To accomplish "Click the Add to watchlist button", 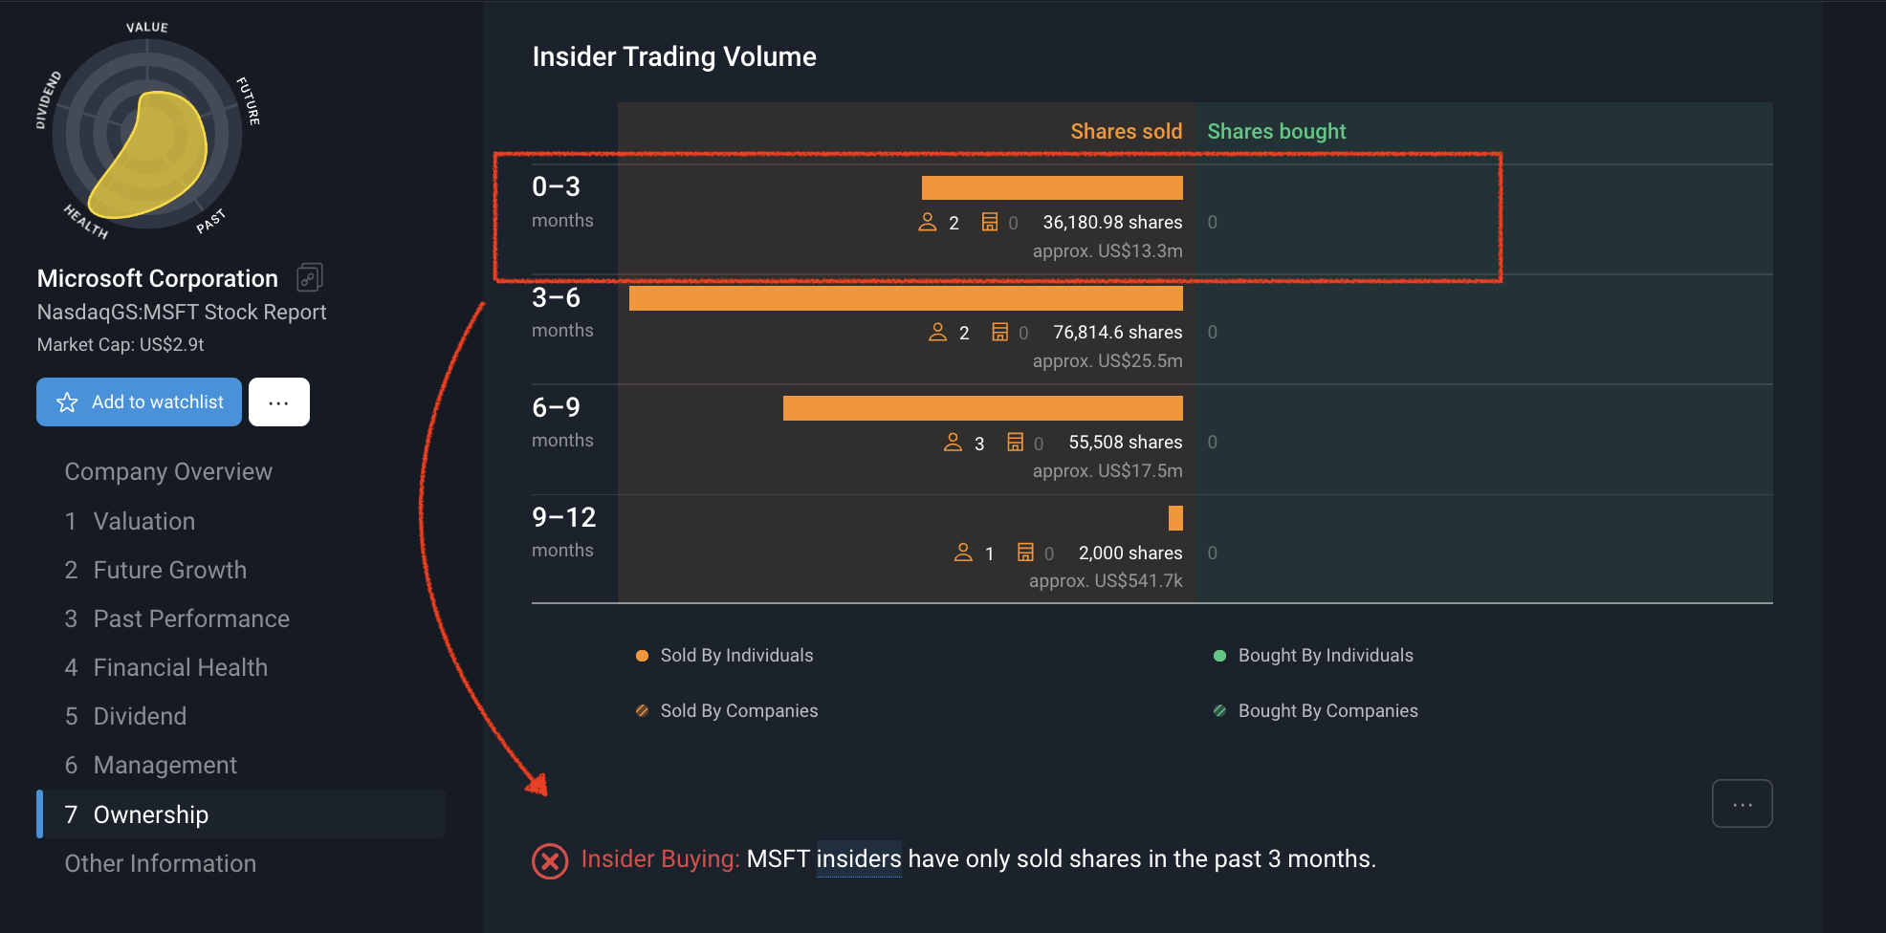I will pos(140,402).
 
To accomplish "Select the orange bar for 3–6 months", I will pos(906,298).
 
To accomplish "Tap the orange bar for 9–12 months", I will pos(1175,518).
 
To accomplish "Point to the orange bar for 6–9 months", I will pos(982,408).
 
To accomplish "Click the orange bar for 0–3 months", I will pos(1052,187).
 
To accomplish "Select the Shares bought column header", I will pos(1276,132).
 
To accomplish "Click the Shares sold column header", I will pos(1126,132).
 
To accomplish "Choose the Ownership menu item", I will pos(151,814).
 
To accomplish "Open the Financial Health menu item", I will pos(180,667).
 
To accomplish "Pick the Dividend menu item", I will pos(140,716).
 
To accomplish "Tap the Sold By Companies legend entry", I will pos(738,711).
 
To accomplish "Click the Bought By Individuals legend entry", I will pos(1325,656).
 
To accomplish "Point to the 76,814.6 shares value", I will pos(1117,333).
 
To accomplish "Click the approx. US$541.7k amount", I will pos(1106,581).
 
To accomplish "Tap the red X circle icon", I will pos(550,861).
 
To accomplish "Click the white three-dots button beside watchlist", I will pos(279,402).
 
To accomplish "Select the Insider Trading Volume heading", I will pos(674,57).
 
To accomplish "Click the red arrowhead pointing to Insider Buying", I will pos(538,786).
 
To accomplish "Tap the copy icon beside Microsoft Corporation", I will pos(310,278).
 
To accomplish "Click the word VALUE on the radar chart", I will pos(147,28).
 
